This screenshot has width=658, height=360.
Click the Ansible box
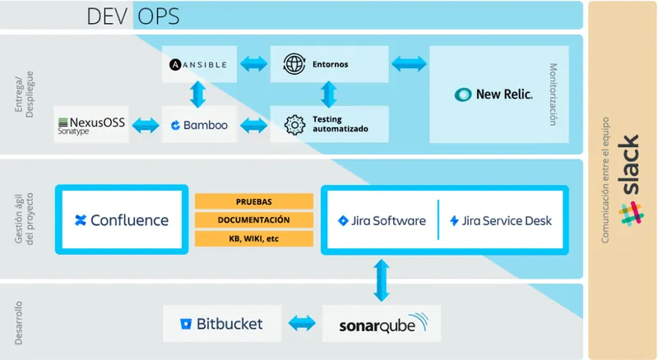click(199, 64)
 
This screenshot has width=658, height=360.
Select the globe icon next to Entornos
click(294, 64)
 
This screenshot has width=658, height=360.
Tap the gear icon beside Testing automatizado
click(294, 125)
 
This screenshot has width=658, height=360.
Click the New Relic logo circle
click(463, 95)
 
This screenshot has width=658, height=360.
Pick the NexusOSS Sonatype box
click(91, 125)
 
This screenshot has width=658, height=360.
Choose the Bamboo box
click(199, 125)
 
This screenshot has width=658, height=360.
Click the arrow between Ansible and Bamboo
click(197, 95)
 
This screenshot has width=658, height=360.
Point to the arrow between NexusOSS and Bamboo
click(146, 126)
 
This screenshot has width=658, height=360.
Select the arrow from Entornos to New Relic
click(409, 64)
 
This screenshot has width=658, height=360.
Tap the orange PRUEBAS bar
click(254, 201)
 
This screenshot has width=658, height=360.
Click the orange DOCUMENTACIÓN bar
click(254, 219)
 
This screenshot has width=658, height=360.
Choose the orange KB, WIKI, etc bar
click(254, 238)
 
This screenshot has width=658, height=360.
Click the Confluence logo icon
click(80, 220)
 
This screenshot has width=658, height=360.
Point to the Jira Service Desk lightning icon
click(454, 221)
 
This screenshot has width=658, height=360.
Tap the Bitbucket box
click(222, 324)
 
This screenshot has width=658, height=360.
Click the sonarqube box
click(382, 324)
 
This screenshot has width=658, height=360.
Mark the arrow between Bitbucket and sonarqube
click(302, 323)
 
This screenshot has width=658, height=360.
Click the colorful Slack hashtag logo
click(631, 214)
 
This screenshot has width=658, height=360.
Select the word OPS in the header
click(159, 16)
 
